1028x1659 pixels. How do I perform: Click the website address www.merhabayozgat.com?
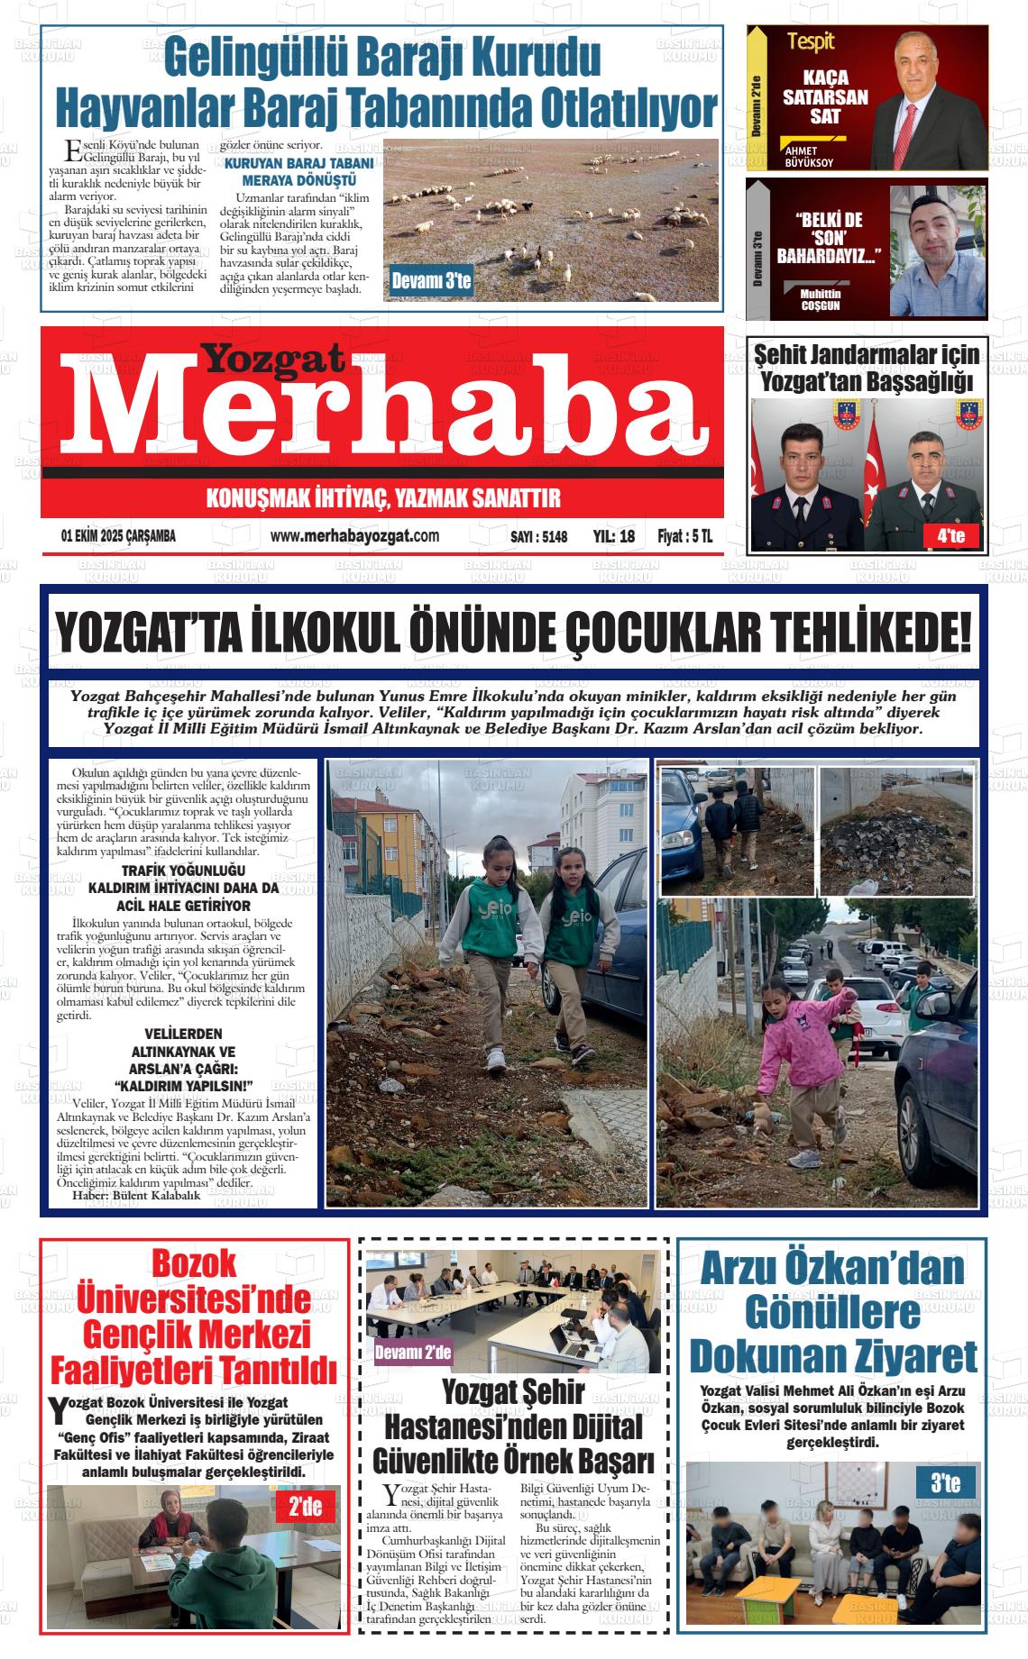point(354,536)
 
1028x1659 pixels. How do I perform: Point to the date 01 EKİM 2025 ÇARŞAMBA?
point(118,536)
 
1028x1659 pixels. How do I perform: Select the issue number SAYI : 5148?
point(539,537)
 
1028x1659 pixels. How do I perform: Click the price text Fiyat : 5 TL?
point(684,536)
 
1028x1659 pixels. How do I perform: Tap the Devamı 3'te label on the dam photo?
point(431,282)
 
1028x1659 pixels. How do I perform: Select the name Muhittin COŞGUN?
point(821,300)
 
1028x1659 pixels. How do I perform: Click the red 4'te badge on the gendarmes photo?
point(950,537)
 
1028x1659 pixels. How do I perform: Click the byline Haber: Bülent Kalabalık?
point(136,1197)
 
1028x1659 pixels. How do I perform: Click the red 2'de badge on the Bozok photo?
point(305,1506)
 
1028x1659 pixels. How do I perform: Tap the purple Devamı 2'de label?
point(413,1352)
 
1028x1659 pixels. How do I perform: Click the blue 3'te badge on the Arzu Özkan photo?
point(945,1482)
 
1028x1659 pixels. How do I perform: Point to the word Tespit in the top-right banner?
point(811,41)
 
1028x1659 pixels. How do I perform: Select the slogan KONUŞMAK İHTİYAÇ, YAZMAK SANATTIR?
point(383,497)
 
